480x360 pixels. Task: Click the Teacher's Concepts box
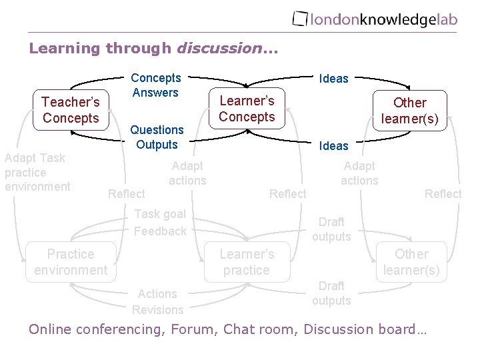[x=71, y=110]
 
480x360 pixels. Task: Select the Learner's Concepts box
[x=247, y=109]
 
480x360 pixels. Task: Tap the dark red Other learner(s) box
[x=409, y=111]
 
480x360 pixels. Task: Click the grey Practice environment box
[x=71, y=262]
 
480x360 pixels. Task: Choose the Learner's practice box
[x=247, y=262]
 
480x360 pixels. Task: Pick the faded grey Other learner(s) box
[x=411, y=262]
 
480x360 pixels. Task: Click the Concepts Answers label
[x=155, y=85]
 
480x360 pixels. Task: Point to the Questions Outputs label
[x=157, y=137]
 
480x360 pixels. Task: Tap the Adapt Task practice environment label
[x=35, y=172]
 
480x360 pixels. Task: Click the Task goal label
[x=160, y=214]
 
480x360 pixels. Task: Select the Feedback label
[x=160, y=231]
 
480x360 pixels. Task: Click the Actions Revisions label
[x=157, y=301]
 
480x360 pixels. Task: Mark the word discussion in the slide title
[x=217, y=48]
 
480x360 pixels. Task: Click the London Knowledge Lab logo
[x=375, y=19]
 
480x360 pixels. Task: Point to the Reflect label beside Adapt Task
[x=126, y=193]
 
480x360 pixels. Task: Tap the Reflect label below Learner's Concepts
[x=287, y=193]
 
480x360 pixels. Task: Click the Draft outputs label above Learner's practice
[x=331, y=229]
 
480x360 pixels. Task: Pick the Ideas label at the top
[x=334, y=79]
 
